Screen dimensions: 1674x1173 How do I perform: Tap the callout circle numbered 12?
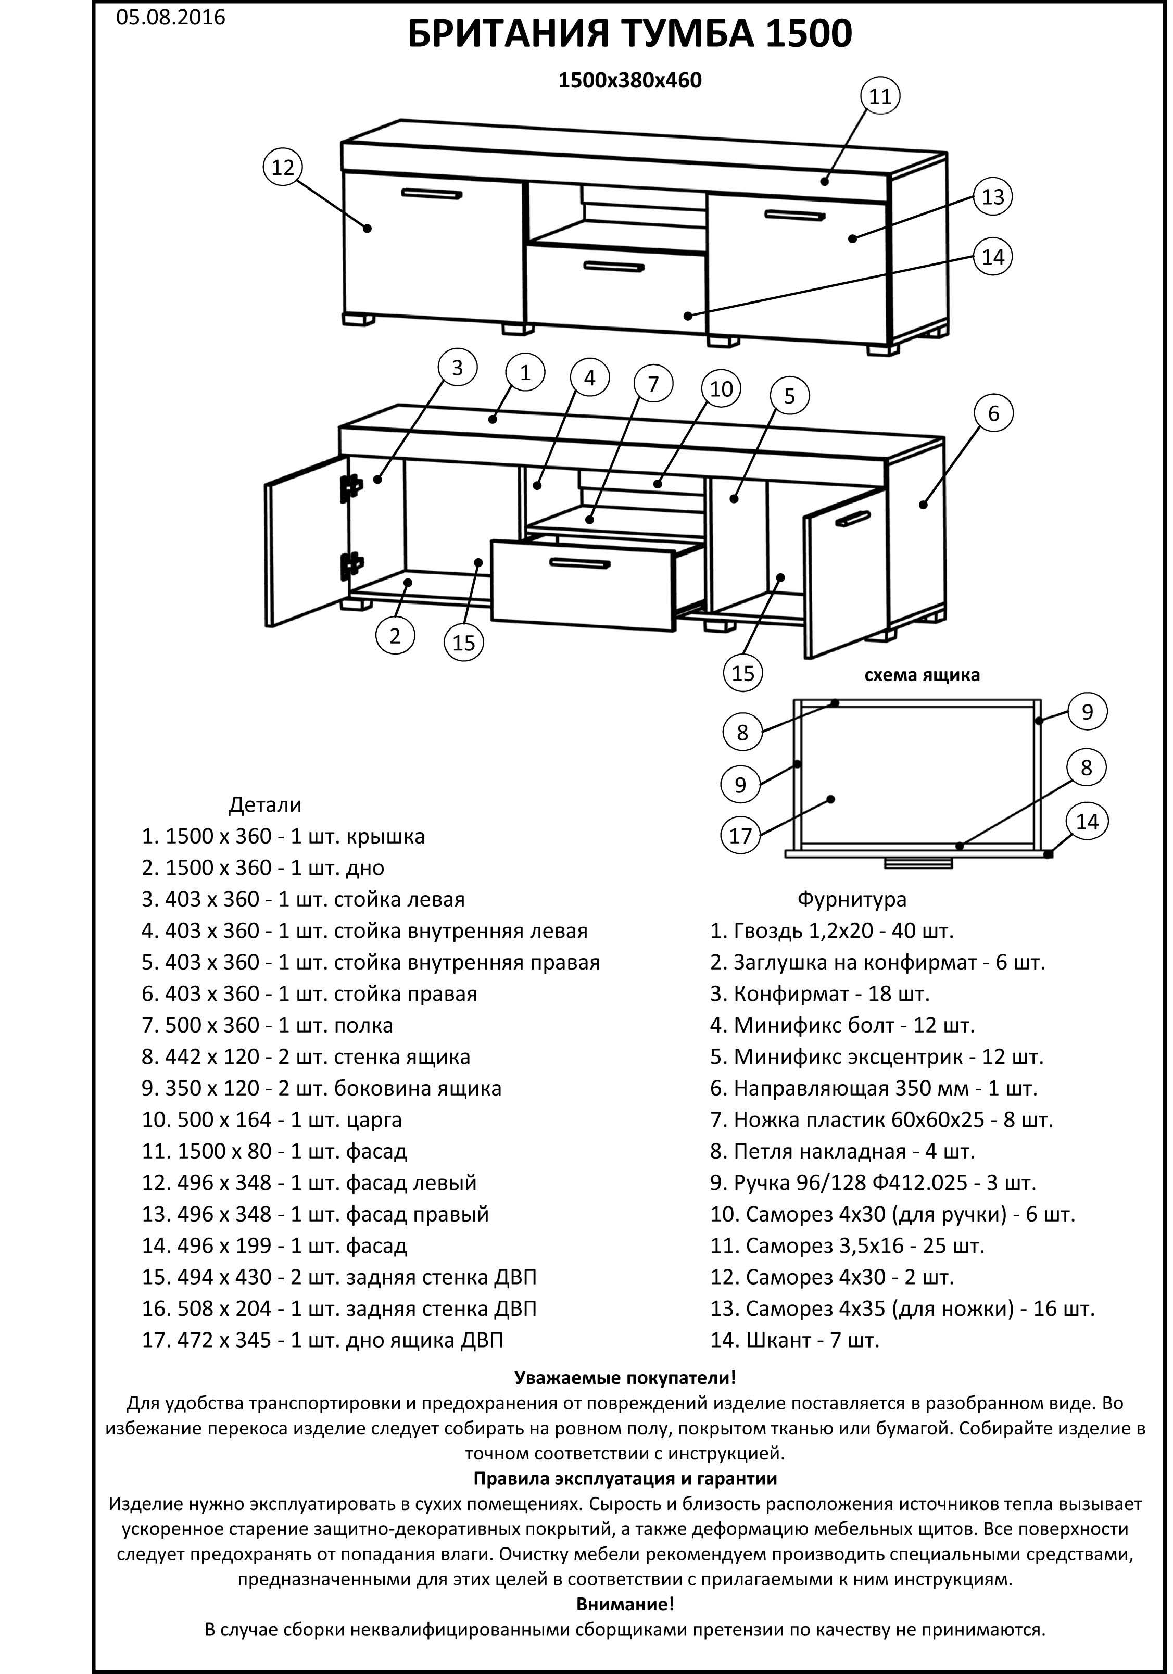point(282,168)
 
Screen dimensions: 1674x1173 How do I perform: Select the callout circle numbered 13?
point(993,197)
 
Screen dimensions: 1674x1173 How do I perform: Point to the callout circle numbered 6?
point(993,413)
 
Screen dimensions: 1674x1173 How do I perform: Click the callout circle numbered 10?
point(721,388)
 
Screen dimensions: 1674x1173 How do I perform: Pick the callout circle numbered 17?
point(740,836)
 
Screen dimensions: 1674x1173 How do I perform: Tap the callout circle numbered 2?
point(395,635)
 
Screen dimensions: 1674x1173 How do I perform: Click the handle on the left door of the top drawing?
point(432,194)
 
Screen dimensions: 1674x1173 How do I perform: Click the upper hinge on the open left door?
point(351,488)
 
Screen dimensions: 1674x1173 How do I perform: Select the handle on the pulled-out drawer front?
point(579,563)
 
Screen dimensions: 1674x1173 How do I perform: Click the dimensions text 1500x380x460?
point(630,80)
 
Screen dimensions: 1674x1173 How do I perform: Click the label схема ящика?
point(922,675)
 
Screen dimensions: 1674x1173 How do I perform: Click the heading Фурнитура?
point(851,899)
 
